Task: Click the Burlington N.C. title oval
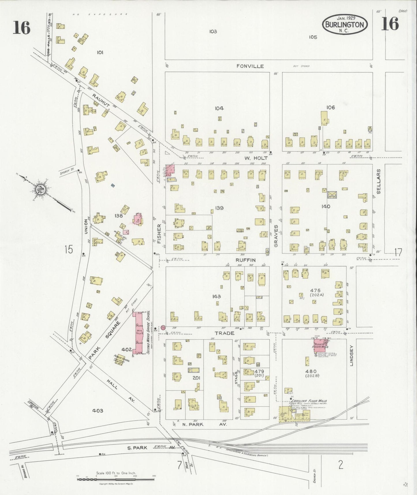tap(345, 24)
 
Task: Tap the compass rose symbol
tap(39, 190)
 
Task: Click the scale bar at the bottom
tap(115, 480)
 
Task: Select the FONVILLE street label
tap(250, 66)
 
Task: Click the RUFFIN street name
tap(246, 260)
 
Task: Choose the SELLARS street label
tap(379, 181)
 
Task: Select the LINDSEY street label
tap(351, 356)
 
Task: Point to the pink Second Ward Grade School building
tap(137, 332)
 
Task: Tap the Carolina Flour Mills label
tap(309, 401)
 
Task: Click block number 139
tap(219, 208)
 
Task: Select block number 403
tap(98, 411)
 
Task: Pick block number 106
tap(330, 107)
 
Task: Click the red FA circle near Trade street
tap(163, 327)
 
